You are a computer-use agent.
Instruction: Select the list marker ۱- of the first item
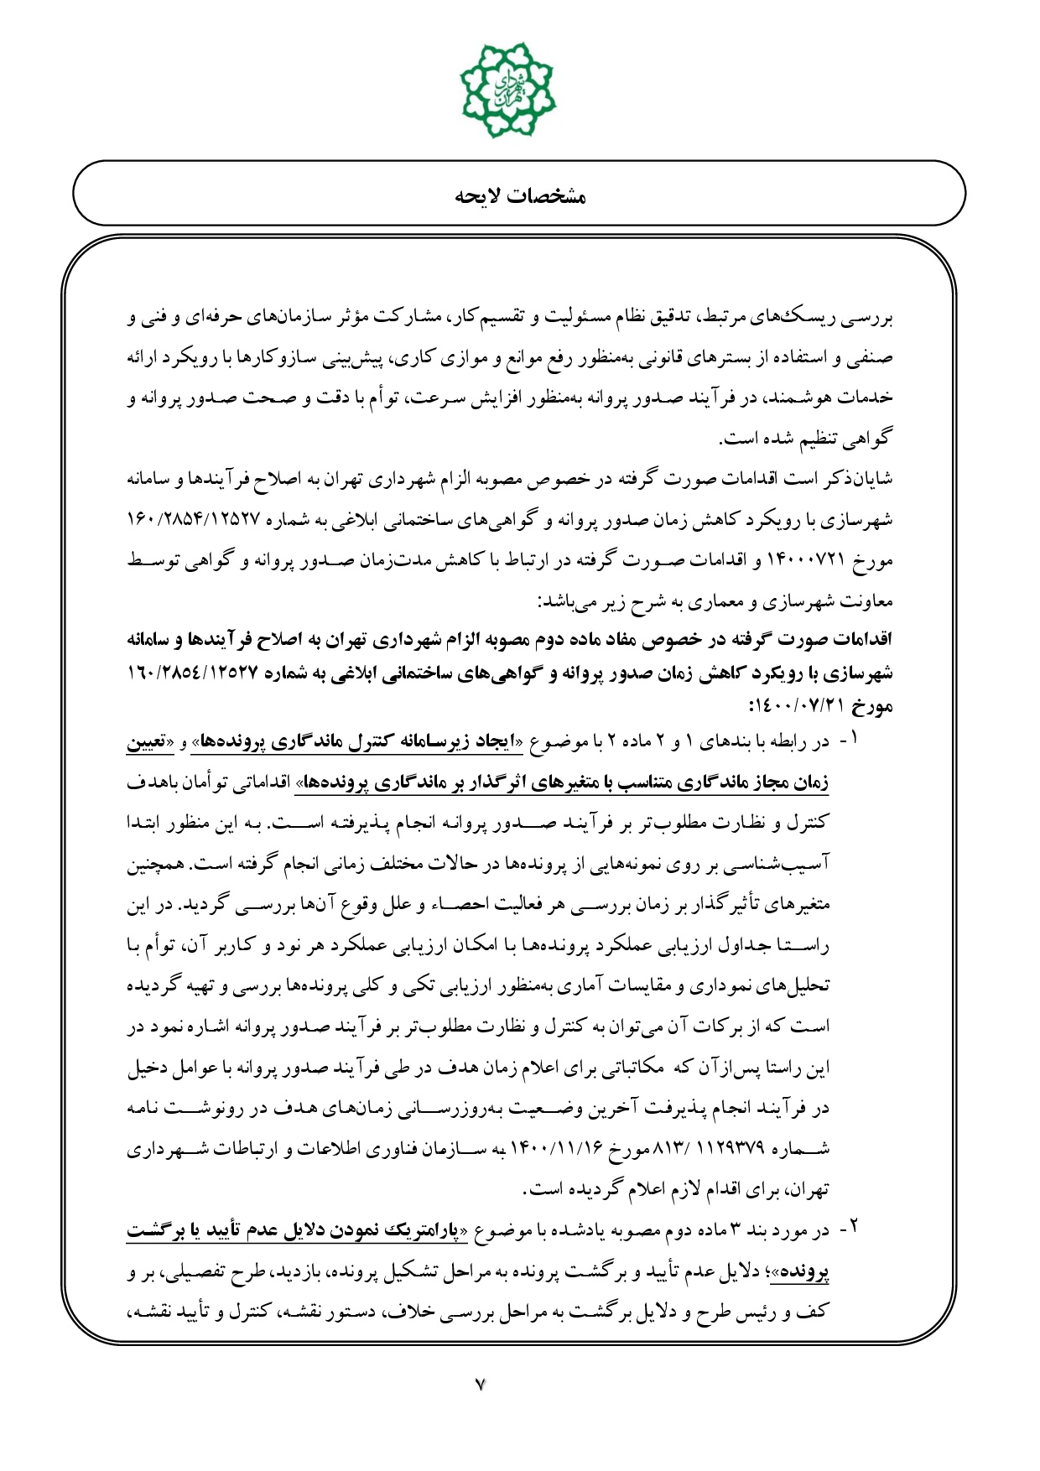(x=849, y=742)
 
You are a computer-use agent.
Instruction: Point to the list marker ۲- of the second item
(x=849, y=1231)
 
